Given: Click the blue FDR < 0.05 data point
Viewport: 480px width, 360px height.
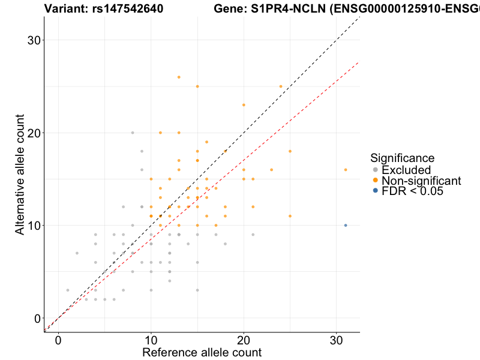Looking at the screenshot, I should click(346, 225).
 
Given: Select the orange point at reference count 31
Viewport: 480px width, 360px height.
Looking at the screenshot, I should click(346, 170).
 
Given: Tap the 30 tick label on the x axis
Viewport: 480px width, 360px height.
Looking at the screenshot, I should click(337, 340).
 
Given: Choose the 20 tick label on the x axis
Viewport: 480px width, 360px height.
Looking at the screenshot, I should click(244, 340).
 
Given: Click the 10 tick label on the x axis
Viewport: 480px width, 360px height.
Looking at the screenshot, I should click(151, 340).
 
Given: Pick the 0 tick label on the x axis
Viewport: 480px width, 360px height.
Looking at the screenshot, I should click(58, 340).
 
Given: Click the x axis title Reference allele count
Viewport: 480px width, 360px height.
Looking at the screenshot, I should click(202, 352).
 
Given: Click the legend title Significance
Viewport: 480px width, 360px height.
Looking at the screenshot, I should click(402, 158).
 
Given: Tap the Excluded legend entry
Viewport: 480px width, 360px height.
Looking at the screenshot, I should click(406, 170).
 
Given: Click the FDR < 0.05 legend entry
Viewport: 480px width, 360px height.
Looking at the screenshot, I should click(411, 191).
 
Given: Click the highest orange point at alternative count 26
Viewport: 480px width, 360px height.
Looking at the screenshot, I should click(179, 77).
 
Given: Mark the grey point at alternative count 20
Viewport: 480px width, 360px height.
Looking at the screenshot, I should click(133, 133).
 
